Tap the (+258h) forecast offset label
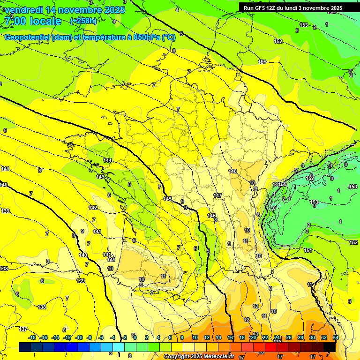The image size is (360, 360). pyautogui.click(x=83, y=21)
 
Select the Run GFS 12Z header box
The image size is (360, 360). pyautogui.click(x=292, y=7)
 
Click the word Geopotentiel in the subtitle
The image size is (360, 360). pyautogui.click(x=28, y=37)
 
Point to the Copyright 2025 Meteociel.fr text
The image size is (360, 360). pyautogui.click(x=199, y=357)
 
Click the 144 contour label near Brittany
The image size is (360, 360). pyautogui.click(x=107, y=160)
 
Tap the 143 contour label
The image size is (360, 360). pyautogui.click(x=100, y=177)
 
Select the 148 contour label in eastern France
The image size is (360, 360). pyautogui.click(x=233, y=171)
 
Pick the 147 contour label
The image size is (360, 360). pyautogui.click(x=217, y=195)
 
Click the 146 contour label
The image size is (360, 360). pyautogui.click(x=211, y=215)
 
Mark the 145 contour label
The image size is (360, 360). pyautogui.click(x=167, y=199)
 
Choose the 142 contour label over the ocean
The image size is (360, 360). pyautogui.click(x=93, y=208)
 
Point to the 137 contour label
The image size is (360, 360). pyautogui.click(x=23, y=329)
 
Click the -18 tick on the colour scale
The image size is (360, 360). pyautogui.click(x=32, y=337)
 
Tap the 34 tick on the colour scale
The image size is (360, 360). pyautogui.click(x=336, y=337)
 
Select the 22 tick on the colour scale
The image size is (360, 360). pyautogui.click(x=265, y=337)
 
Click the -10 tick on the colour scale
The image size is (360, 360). pyautogui.click(x=79, y=337)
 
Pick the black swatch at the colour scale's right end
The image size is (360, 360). pyautogui.click(x=330, y=347)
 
